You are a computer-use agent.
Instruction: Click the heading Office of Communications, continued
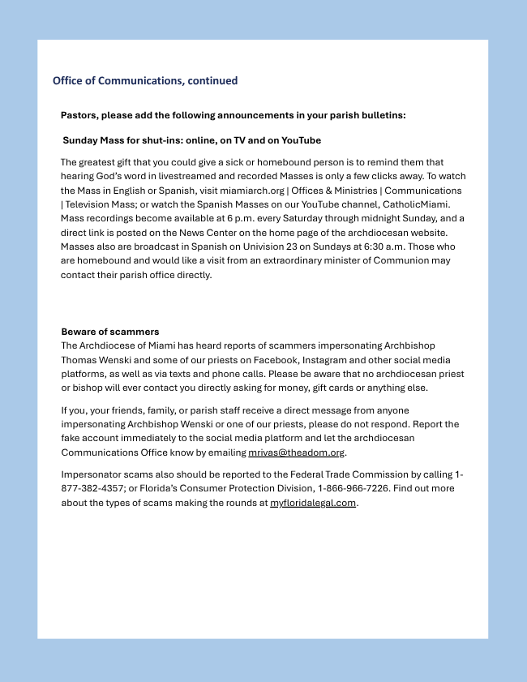point(145,81)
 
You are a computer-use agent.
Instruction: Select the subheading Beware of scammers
point(110,332)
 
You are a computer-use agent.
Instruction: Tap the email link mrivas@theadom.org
point(296,453)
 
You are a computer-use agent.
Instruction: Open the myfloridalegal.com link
point(313,503)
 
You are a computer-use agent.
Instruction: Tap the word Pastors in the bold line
point(79,115)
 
